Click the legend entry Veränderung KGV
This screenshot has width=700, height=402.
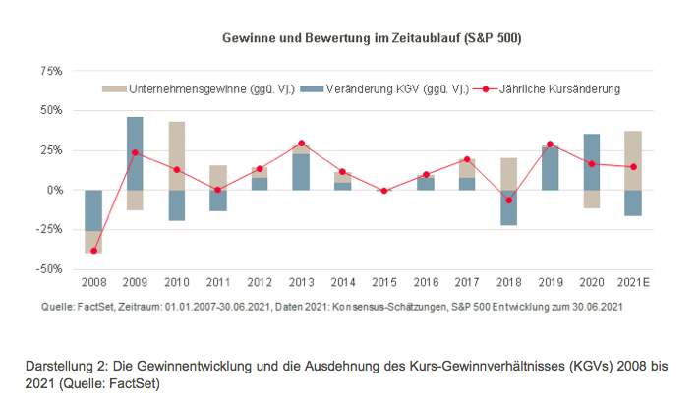tap(389, 88)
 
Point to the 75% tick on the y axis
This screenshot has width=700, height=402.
tap(49, 72)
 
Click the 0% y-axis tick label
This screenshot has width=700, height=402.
tap(53, 190)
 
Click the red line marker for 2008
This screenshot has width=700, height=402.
tap(93, 251)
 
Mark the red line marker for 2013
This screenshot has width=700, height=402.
tap(301, 144)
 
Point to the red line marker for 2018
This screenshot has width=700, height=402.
tap(508, 200)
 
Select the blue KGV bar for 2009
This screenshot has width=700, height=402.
tap(135, 153)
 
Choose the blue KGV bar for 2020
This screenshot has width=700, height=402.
tap(592, 161)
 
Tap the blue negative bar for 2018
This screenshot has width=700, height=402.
tap(508, 207)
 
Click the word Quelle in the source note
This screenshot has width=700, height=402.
tap(58, 307)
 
